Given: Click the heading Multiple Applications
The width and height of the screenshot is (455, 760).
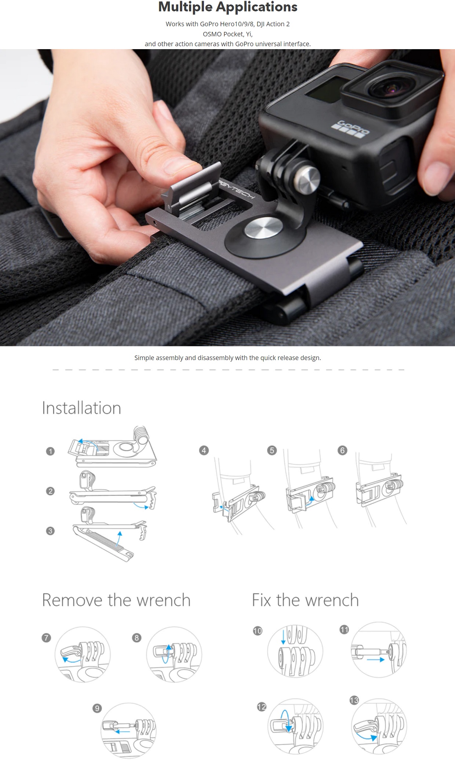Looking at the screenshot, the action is click(227, 7).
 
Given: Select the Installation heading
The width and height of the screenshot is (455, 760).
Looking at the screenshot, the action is click(81, 408).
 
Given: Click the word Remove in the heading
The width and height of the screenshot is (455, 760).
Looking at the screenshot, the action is click(72, 600).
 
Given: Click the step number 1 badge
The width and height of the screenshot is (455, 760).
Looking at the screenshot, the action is click(50, 451).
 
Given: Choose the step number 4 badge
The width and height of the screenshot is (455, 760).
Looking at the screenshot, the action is click(204, 450).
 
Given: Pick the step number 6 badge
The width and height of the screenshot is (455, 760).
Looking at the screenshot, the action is click(342, 450).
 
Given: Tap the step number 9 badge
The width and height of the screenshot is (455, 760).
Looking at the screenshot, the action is click(97, 708).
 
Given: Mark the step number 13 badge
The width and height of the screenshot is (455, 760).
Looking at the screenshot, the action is click(354, 700).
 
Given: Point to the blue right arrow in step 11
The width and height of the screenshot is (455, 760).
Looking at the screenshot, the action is click(376, 659).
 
